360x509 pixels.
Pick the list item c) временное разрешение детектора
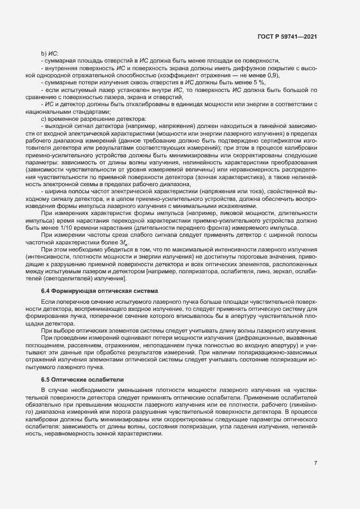(91, 118)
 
